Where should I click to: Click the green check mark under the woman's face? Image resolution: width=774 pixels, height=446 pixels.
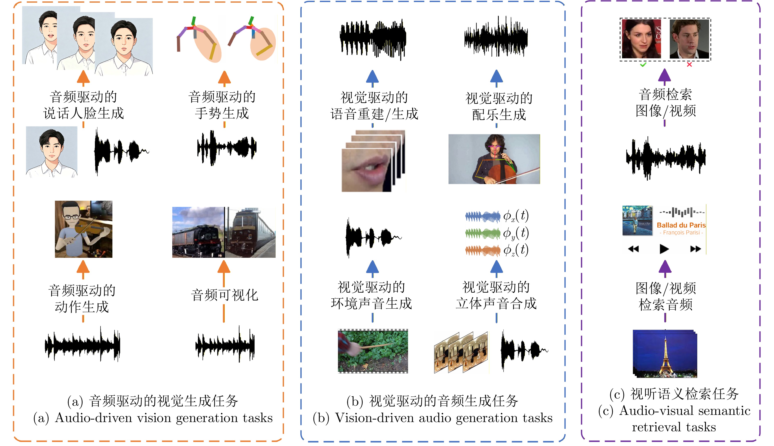click(x=643, y=65)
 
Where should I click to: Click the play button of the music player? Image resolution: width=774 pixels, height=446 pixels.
click(x=664, y=249)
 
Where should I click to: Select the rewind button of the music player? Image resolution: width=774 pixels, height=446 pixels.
click(x=633, y=249)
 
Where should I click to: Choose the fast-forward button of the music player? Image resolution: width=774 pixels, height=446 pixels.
click(x=695, y=249)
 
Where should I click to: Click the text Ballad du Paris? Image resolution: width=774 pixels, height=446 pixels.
click(x=681, y=225)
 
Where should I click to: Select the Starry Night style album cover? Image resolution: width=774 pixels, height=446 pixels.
click(x=637, y=221)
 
